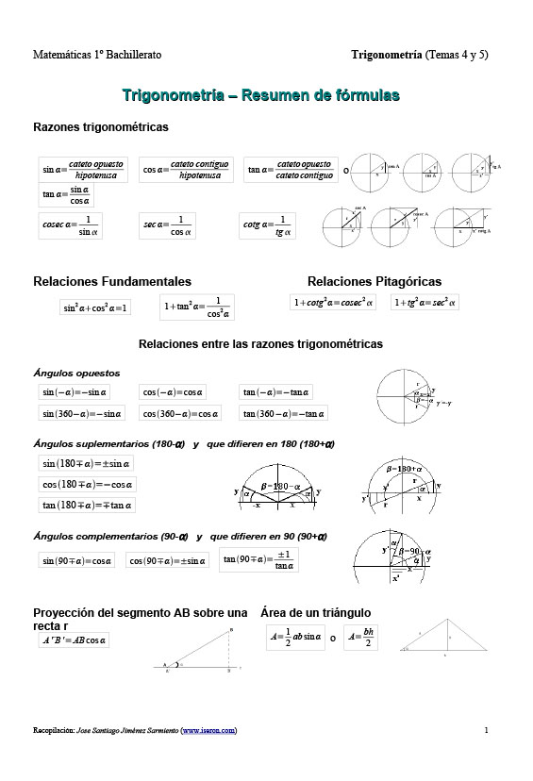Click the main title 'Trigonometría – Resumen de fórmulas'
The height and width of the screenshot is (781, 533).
(x=260, y=94)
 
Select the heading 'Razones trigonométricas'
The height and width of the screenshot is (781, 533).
(x=101, y=126)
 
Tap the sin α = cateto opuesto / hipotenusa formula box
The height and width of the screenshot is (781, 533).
(x=84, y=170)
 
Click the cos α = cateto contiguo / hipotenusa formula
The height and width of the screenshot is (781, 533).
(x=186, y=170)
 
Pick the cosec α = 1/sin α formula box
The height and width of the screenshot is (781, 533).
(x=72, y=225)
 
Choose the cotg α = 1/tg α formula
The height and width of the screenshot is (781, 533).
(x=268, y=226)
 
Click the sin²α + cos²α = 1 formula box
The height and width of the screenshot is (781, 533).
(x=94, y=307)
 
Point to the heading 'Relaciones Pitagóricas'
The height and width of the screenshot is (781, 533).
(x=374, y=281)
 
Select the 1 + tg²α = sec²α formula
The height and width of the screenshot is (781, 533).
(x=425, y=302)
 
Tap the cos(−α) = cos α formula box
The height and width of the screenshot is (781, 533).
(x=180, y=391)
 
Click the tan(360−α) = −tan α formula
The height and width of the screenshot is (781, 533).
(x=284, y=413)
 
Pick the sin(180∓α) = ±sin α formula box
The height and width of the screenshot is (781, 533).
(x=87, y=463)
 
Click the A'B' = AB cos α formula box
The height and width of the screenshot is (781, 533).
(x=75, y=640)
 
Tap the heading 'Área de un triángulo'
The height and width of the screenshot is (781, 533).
(x=315, y=613)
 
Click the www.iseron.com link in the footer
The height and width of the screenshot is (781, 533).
(x=208, y=730)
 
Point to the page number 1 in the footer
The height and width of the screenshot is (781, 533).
(x=486, y=730)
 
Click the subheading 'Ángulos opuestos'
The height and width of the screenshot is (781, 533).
(x=70, y=374)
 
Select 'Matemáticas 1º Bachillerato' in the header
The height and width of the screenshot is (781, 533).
(x=97, y=55)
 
